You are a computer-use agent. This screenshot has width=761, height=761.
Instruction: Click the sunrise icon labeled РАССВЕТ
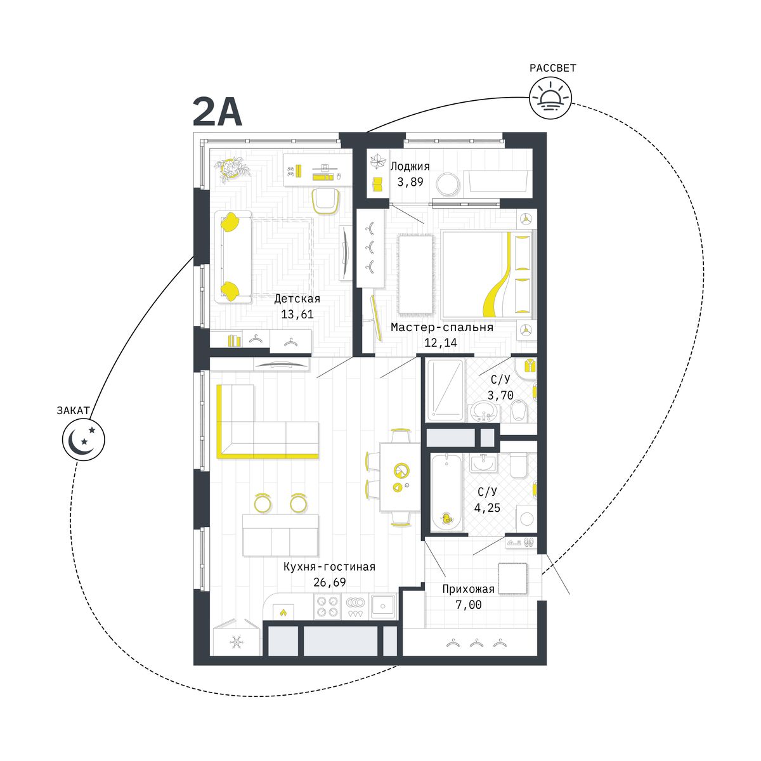tap(550, 98)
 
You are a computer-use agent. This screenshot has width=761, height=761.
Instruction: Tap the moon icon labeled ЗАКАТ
tap(83, 439)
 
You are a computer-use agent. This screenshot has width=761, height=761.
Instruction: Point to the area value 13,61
tap(297, 315)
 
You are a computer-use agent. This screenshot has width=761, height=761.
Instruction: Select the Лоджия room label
tap(410, 167)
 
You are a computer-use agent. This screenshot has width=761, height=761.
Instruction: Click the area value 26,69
tap(329, 582)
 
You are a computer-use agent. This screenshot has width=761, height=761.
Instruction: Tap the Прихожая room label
tap(468, 589)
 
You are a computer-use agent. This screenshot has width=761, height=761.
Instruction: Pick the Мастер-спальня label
tap(441, 327)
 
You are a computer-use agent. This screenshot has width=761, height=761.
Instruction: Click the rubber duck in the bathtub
tap(446, 519)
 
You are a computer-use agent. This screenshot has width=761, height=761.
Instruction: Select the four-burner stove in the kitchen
tap(328, 606)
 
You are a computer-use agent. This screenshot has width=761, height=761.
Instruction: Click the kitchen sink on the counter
tap(382, 606)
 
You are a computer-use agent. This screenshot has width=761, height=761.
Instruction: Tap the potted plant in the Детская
tap(233, 171)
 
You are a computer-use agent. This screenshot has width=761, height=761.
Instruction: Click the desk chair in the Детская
tap(326, 200)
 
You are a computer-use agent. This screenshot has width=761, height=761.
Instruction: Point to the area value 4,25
tap(487, 507)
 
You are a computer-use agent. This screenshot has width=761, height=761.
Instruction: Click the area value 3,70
tap(500, 395)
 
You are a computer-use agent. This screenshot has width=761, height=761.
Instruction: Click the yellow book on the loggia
tap(377, 185)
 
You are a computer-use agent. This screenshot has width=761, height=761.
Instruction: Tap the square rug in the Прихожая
tap(512, 578)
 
